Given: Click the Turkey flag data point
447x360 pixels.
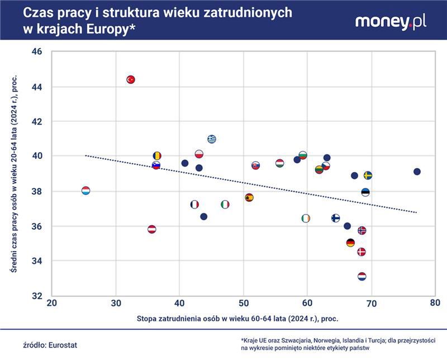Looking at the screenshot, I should (131, 79).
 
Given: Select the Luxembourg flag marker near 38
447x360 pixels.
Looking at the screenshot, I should (85, 191).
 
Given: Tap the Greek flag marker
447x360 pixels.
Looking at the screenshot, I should (212, 139).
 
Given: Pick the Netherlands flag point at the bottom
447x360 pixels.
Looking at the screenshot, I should (362, 277).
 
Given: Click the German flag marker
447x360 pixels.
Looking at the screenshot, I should (350, 243).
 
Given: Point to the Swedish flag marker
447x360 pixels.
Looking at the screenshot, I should (368, 176).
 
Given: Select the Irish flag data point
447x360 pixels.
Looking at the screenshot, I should (306, 218).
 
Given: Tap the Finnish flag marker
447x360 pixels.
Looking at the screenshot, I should (335, 218).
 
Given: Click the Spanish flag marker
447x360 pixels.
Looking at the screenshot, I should (249, 197).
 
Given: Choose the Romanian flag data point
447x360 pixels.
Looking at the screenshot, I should (157, 156).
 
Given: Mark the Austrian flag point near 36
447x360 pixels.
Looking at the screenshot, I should (151, 229).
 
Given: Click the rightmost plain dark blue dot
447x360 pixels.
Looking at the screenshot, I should (416, 172).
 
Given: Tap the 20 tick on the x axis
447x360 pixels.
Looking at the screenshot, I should (52, 302).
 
